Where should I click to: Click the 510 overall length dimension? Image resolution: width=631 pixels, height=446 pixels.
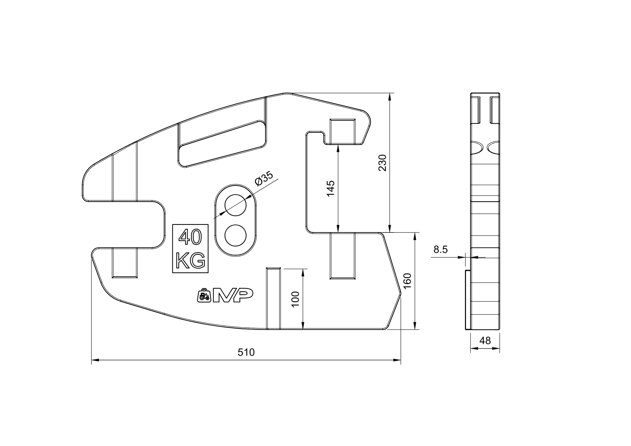click(246, 352)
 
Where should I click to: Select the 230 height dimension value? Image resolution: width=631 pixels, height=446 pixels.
click(382, 162)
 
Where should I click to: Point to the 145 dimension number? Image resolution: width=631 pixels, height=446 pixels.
click(330, 189)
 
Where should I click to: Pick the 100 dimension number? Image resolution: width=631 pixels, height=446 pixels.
click(295, 299)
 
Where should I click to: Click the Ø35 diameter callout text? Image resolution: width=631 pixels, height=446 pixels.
click(263, 179)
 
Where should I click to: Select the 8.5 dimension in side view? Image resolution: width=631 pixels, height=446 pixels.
click(440, 250)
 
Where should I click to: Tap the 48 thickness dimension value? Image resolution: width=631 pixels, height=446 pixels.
click(485, 341)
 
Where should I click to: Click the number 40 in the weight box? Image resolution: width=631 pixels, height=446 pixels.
click(190, 238)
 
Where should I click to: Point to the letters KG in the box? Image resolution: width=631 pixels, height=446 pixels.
click(190, 261)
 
